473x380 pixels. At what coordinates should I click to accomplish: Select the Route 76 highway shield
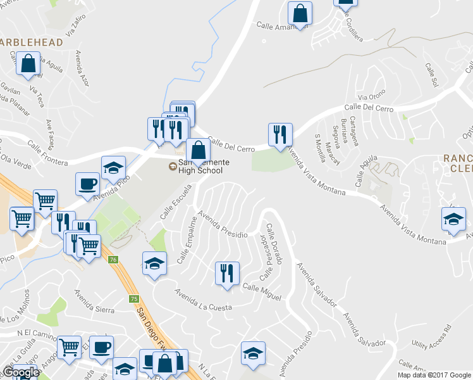click(113, 260)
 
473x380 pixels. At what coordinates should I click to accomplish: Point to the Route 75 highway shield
click(133, 299)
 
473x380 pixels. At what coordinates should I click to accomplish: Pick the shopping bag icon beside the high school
click(199, 150)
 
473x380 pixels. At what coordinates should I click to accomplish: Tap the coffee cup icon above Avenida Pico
click(88, 184)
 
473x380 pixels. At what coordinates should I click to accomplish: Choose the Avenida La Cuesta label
click(204, 300)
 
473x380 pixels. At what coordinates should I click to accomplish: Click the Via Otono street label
click(371, 97)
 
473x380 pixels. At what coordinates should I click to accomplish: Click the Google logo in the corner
click(21, 372)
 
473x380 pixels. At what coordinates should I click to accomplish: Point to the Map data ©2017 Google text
click(433, 375)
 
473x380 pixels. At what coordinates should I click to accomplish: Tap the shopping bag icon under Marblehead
click(28, 63)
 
